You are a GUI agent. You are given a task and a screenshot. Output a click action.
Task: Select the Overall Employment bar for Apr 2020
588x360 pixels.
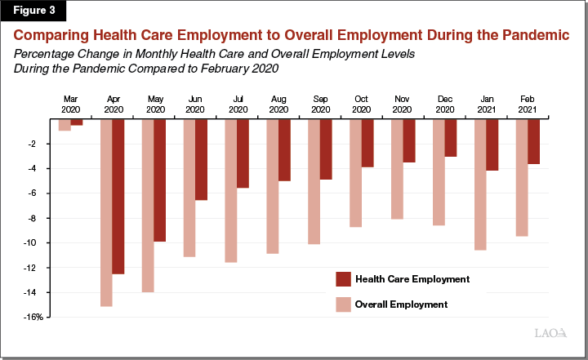coord(106,212)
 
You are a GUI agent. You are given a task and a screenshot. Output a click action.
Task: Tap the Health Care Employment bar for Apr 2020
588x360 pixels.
coord(118,196)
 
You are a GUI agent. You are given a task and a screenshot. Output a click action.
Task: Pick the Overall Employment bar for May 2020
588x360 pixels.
coord(148,205)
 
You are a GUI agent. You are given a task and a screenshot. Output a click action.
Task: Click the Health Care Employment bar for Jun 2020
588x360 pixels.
coord(201,159)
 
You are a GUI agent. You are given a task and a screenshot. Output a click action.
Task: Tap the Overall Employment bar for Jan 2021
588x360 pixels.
coord(479,184)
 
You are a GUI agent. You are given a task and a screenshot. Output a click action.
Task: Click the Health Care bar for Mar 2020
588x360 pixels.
coord(77,122)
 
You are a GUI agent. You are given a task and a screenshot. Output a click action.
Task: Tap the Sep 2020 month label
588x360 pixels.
coord(319,104)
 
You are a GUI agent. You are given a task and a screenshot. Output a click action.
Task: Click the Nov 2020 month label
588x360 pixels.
coord(403,104)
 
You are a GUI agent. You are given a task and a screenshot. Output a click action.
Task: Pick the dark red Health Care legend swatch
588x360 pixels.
coord(343,279)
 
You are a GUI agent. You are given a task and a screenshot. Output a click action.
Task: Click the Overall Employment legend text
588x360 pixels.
coord(401,304)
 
